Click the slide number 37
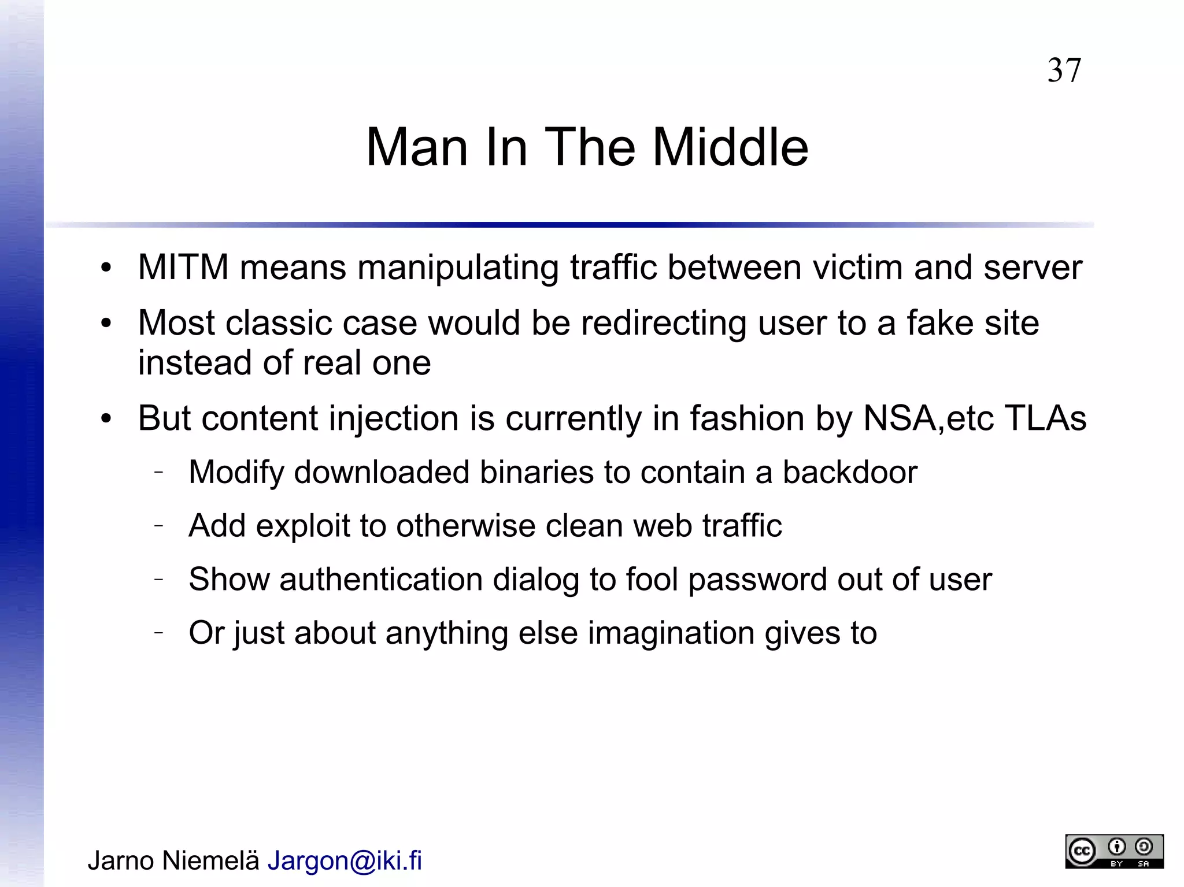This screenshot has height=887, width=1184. (1064, 70)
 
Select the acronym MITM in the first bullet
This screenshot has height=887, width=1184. (183, 268)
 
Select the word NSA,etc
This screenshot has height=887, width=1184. (928, 418)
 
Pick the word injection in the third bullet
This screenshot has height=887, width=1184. (394, 419)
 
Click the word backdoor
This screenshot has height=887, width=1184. (849, 472)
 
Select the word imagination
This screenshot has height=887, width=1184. (671, 633)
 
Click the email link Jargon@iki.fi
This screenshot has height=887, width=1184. (345, 860)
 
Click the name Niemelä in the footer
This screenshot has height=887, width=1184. (210, 860)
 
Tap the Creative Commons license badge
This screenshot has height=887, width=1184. (1114, 851)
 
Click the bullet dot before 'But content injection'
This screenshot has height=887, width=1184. (105, 419)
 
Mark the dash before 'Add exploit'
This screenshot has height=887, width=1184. (159, 525)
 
